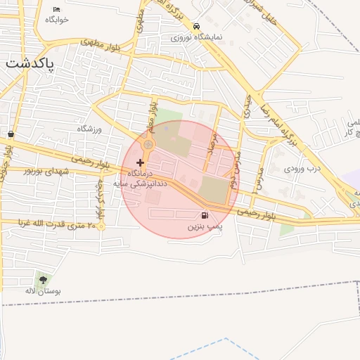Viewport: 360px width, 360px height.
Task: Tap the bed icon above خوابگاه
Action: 57,9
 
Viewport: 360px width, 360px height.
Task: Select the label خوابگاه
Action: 57,20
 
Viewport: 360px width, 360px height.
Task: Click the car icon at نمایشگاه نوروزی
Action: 195,26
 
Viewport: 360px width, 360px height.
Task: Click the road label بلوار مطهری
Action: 100,43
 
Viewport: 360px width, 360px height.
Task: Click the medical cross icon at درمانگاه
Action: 140,162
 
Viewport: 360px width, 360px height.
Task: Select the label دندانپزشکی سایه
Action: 147,181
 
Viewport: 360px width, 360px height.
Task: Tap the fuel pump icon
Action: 205,216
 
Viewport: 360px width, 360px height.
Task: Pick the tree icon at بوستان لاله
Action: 44,280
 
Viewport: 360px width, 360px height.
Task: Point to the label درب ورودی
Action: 302,169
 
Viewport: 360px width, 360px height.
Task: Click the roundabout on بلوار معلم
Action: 148,145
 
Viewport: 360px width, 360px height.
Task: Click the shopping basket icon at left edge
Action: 11,134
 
